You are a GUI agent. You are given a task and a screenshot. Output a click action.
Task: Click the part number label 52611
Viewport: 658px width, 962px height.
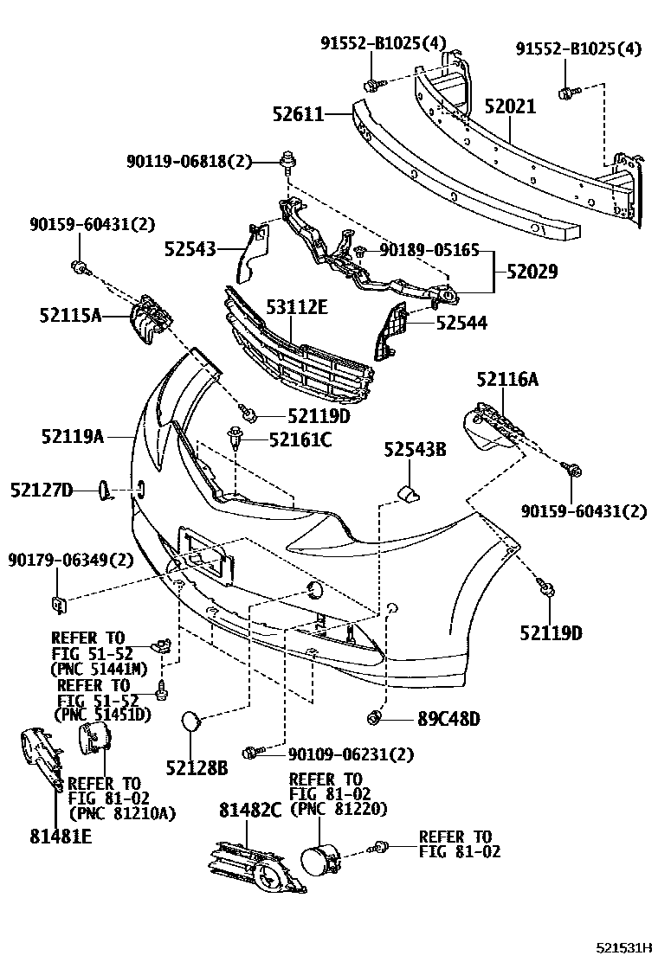click(x=300, y=113)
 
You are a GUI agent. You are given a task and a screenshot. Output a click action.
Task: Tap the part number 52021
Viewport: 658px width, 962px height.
click(x=510, y=107)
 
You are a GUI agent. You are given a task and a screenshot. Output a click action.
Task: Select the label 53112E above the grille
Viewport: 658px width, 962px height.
click(x=297, y=307)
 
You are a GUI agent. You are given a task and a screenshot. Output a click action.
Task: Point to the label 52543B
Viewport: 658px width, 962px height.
click(x=416, y=449)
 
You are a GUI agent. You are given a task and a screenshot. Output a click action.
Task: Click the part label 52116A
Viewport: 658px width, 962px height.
click(x=506, y=378)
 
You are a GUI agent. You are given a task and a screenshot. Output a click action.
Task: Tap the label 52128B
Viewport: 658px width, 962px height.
click(x=197, y=766)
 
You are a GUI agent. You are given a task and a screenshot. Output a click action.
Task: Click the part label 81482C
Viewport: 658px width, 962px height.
click(x=250, y=810)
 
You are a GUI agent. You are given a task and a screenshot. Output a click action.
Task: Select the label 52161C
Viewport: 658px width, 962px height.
click(x=300, y=440)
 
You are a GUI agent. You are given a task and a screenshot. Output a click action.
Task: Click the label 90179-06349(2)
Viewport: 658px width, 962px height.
click(x=71, y=560)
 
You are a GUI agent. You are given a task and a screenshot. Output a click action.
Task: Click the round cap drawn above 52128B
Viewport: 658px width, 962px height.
click(x=191, y=721)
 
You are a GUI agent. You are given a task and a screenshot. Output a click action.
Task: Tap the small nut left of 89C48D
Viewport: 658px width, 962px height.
click(x=375, y=717)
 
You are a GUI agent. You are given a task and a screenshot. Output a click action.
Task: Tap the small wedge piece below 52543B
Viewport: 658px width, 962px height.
click(x=407, y=495)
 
